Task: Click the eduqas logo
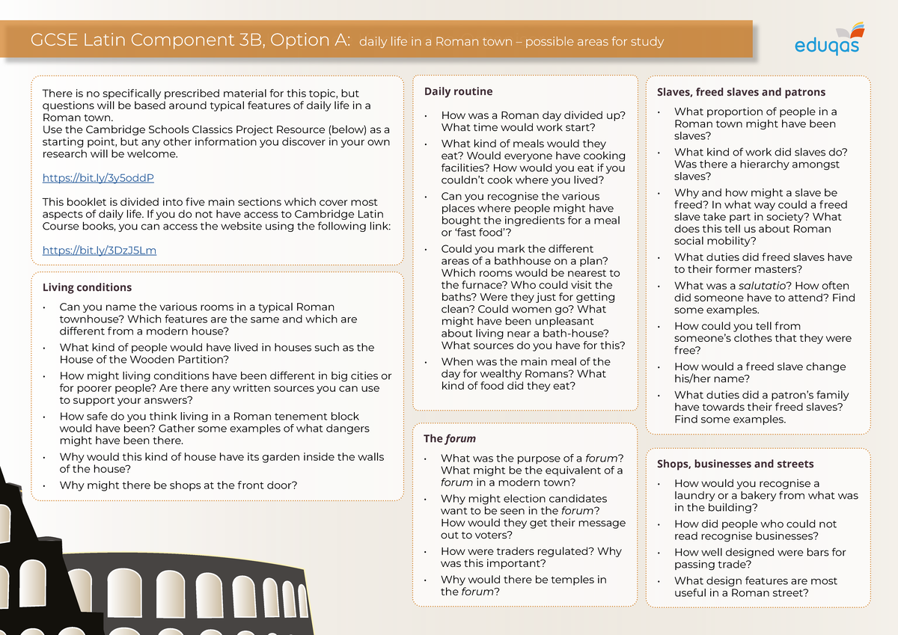827,40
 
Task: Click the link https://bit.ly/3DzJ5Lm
100,251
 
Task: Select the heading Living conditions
87,287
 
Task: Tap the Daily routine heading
458,91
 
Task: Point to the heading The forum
450,438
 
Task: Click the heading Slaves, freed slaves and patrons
741,92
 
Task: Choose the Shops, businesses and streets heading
735,464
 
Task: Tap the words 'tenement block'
322,417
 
